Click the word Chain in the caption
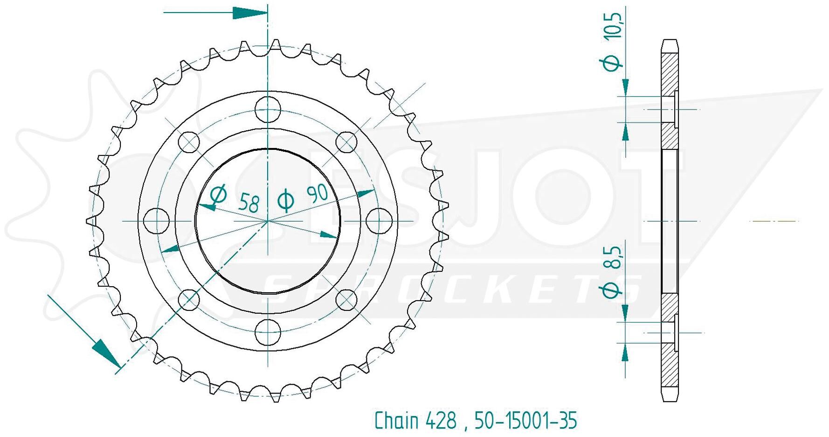pyautogui.click(x=397, y=420)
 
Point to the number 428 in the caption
pyautogui.click(x=441, y=420)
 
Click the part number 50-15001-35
pyautogui.click(x=526, y=420)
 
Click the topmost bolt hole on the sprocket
pyautogui.click(x=268, y=109)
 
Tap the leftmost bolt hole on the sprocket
pyautogui.click(x=157, y=220)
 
